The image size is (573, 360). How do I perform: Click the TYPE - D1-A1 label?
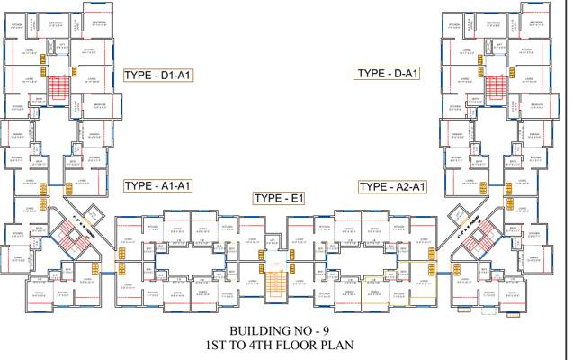pos(161,77)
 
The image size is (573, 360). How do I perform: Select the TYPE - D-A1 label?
pos(387,73)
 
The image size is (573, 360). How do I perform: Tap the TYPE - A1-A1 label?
pos(158,185)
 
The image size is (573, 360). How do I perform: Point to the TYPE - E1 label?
pos(280,198)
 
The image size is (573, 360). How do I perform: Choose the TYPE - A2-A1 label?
pos(393,186)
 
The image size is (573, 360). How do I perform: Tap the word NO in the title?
pos(300,329)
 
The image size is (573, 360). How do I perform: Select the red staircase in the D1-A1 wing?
pos(58,88)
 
